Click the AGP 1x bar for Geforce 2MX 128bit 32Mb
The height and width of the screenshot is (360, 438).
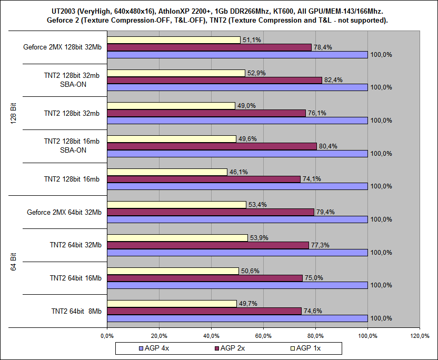(x=174, y=40)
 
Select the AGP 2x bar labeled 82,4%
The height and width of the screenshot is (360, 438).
(x=214, y=80)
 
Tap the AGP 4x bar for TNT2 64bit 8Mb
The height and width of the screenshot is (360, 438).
(x=237, y=318)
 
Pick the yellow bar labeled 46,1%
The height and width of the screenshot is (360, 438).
(x=167, y=172)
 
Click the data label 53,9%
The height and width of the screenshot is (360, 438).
(x=258, y=238)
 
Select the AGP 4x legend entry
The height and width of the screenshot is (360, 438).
(x=156, y=348)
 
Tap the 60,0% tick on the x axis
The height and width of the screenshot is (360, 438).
(x=263, y=335)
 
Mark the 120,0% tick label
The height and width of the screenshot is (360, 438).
(x=419, y=335)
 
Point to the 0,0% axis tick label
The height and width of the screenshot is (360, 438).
(x=106, y=335)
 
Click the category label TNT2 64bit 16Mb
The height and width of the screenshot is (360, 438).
(x=76, y=278)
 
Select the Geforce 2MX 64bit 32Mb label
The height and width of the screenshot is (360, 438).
(x=64, y=212)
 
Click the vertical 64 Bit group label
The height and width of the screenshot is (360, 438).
(x=14, y=262)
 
